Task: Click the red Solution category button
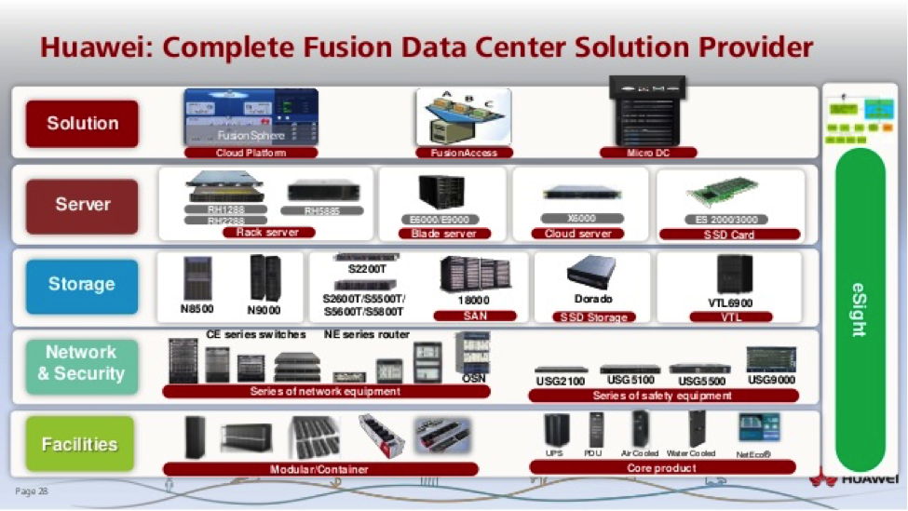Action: click(82, 123)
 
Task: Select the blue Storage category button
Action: click(82, 285)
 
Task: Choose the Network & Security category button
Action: click(81, 363)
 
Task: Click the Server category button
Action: click(82, 205)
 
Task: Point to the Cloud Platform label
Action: click(251, 153)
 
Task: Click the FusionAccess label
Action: click(464, 153)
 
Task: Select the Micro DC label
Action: click(648, 153)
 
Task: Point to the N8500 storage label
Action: click(197, 308)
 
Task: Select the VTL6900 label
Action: click(730, 303)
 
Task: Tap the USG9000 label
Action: click(771, 379)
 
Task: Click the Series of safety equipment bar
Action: click(662, 396)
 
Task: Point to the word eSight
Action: click(859, 310)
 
